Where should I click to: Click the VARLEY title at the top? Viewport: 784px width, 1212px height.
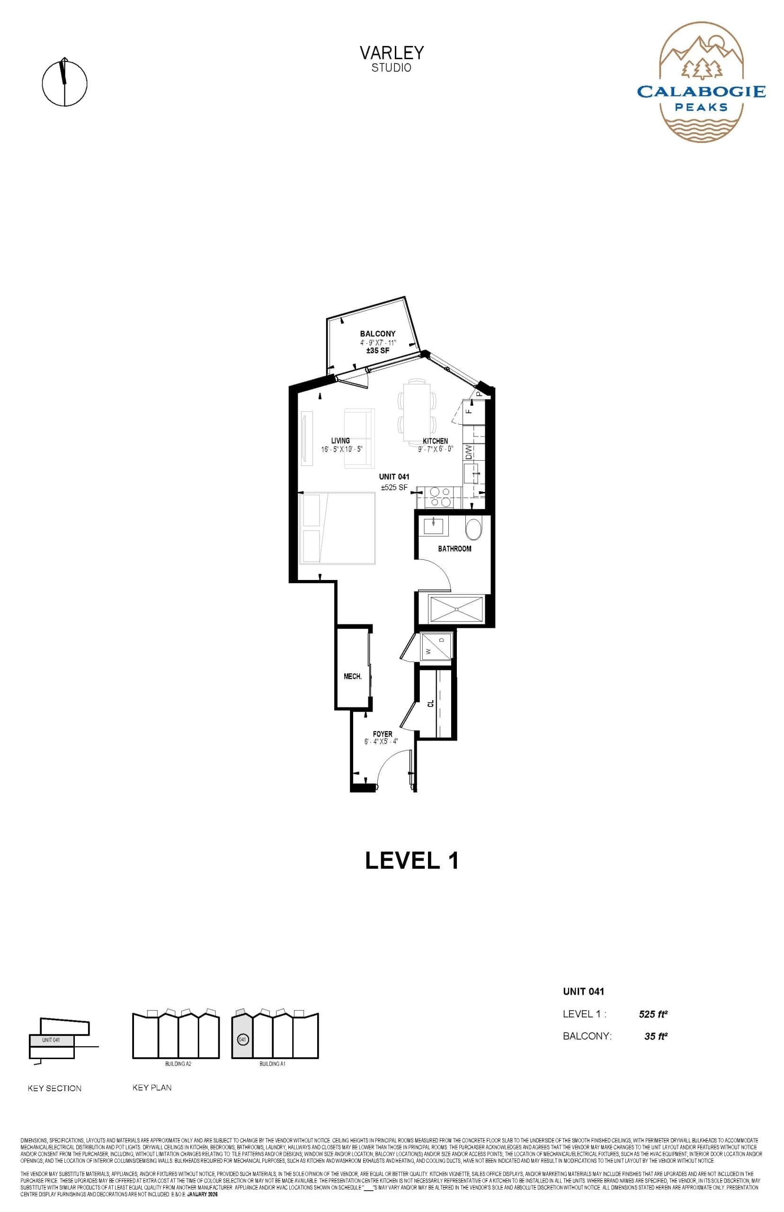pos(392,53)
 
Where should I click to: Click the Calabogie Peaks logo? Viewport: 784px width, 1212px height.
pos(701,82)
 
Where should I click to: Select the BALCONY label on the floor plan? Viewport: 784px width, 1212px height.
pos(378,334)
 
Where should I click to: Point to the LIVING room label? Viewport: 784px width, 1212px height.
pos(340,441)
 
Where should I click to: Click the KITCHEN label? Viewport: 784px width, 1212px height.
pos(435,441)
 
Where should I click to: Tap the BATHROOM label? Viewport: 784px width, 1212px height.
pos(454,549)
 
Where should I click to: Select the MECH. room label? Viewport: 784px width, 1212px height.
pos(353,677)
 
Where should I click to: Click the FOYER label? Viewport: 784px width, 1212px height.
pos(383,734)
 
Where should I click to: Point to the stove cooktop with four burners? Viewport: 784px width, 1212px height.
pos(439,497)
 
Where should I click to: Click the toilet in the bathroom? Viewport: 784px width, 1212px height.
pos(473,529)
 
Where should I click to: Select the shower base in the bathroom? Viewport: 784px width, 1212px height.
pos(456,609)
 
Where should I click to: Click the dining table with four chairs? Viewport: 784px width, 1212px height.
pos(417,413)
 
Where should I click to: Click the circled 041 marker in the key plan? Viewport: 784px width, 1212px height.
pos(243,1040)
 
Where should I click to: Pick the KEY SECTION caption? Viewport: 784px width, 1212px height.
pos(54,1088)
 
